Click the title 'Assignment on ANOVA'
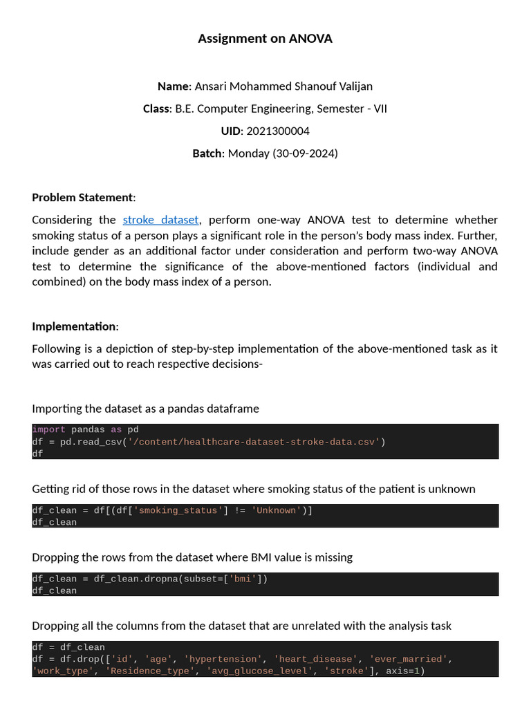[265, 39]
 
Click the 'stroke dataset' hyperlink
[161, 220]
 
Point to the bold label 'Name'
[173, 86]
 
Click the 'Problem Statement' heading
[82, 197]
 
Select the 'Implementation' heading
[74, 326]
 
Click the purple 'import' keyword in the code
[48, 429]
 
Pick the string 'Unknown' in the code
[277, 510]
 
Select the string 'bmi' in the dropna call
[243, 579]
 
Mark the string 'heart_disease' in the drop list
[316, 659]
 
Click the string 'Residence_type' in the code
[149, 671]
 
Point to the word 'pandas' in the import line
[88, 429]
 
